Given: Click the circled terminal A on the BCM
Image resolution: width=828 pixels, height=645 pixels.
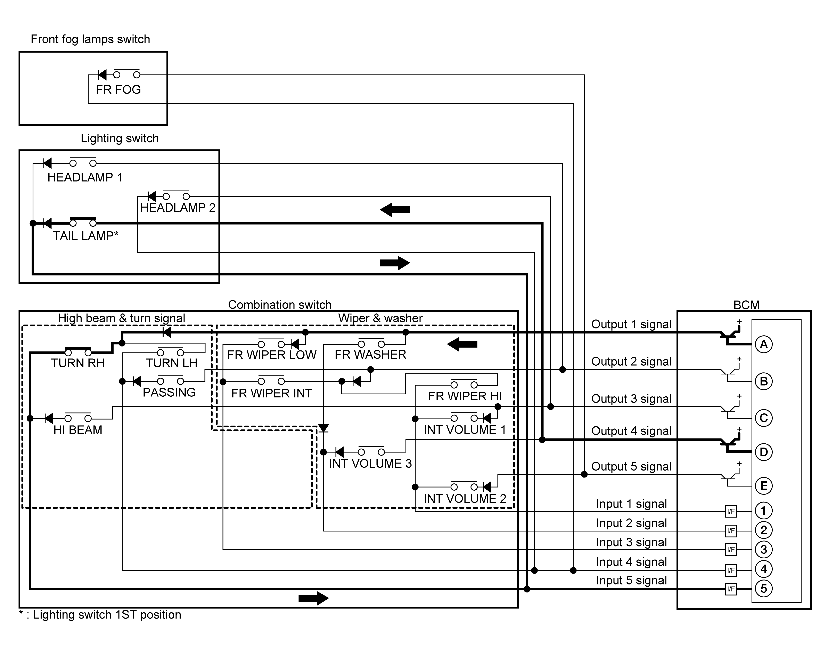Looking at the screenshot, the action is (764, 344).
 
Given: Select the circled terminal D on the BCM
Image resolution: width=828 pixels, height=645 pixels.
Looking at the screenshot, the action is (764, 452).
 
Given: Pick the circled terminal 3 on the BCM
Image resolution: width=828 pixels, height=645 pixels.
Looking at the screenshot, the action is (764, 549).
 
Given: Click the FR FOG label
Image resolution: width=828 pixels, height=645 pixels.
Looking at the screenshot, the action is (118, 90).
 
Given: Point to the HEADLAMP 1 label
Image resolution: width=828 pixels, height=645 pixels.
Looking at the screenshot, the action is (85, 177).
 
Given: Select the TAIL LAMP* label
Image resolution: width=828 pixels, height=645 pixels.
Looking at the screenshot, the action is (85, 236).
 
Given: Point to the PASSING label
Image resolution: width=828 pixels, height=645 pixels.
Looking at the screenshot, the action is (169, 392).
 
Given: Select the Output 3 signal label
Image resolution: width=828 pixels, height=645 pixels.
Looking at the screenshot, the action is (631, 399).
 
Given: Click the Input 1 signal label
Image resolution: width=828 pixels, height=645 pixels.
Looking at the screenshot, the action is (631, 504).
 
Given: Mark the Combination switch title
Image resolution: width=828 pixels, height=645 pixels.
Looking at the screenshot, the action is (280, 304).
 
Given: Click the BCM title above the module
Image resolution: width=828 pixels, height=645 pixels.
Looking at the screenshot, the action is (746, 305).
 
